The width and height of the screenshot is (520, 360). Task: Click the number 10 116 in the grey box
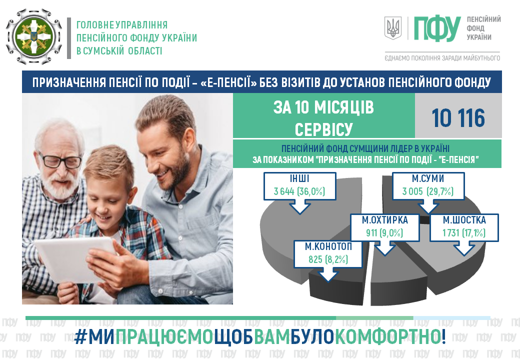point(458,118)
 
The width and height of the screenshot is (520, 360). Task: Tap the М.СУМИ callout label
point(428,178)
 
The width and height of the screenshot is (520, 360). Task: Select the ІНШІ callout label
point(299,178)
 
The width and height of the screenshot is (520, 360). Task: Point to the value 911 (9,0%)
point(384,232)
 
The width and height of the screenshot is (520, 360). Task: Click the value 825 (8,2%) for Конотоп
point(328,259)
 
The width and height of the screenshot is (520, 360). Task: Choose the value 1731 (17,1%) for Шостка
point(464,232)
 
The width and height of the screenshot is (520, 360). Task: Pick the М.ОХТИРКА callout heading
point(384,220)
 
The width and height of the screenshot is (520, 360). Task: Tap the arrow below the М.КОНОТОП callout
point(328,274)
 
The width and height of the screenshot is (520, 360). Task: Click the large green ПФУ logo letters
point(437,28)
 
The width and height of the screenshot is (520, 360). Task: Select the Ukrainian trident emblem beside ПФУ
point(393,28)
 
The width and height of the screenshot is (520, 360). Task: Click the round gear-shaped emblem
point(34,36)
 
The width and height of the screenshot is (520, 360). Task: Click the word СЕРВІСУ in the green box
point(323,129)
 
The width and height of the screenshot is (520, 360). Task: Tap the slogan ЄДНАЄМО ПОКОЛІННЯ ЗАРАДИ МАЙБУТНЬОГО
point(442,58)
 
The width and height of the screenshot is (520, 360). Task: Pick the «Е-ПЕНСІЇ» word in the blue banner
point(229,82)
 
